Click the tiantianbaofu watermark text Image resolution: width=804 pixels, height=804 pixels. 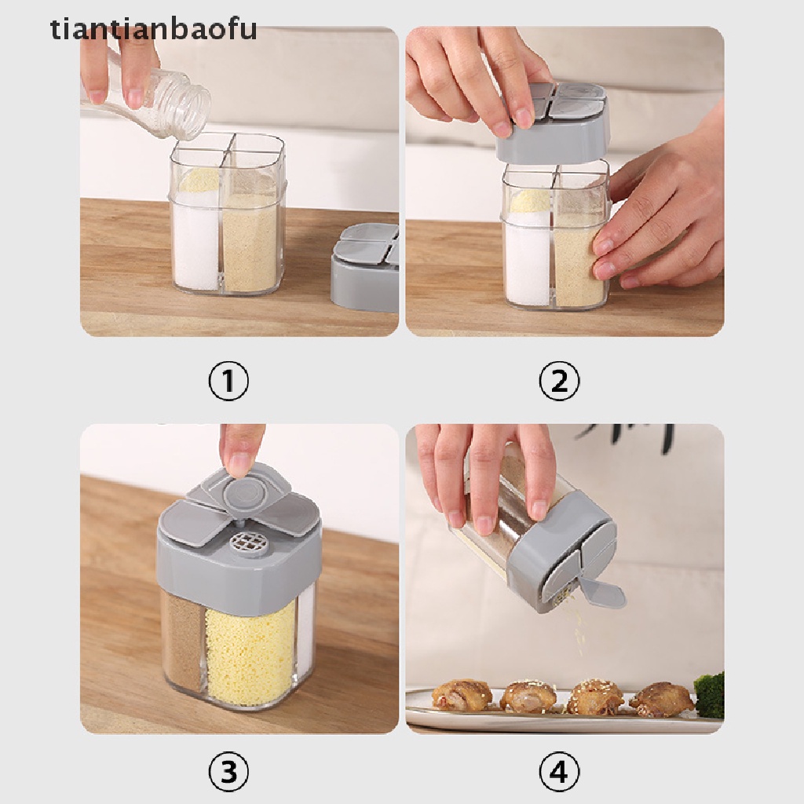point(153,29)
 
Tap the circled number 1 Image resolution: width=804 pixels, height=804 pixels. point(228,382)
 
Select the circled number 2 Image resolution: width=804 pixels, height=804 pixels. point(559,382)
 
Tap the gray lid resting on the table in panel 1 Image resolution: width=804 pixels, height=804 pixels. point(364,269)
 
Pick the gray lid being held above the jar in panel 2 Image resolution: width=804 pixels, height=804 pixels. point(553,123)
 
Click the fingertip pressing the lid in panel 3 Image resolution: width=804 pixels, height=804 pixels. point(239,464)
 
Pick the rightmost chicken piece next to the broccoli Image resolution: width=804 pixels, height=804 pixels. point(661,696)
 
